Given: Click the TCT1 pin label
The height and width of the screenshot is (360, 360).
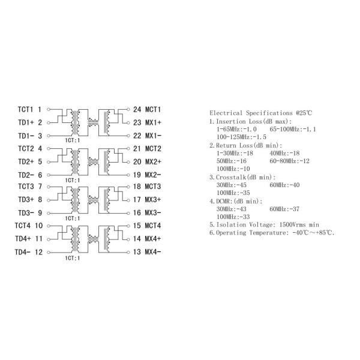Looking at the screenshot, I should [x=26, y=110].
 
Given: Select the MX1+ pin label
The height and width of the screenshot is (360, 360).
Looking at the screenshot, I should [x=153, y=122].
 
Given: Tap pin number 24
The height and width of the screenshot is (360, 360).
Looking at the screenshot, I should [x=137, y=110].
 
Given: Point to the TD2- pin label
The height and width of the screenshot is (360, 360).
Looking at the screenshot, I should [x=26, y=175].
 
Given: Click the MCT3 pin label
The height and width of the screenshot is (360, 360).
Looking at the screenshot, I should [x=153, y=187].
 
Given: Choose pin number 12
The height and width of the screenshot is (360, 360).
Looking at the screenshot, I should [x=38, y=252].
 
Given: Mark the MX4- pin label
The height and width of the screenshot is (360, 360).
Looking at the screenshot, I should [x=153, y=252].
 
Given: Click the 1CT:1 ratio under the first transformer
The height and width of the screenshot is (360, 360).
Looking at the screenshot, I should [x=73, y=140].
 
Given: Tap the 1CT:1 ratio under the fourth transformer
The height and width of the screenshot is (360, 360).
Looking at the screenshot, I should [x=73, y=257].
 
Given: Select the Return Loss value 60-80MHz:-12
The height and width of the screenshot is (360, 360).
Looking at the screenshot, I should [x=289, y=161].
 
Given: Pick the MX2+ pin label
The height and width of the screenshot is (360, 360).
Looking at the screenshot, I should [x=153, y=161].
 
